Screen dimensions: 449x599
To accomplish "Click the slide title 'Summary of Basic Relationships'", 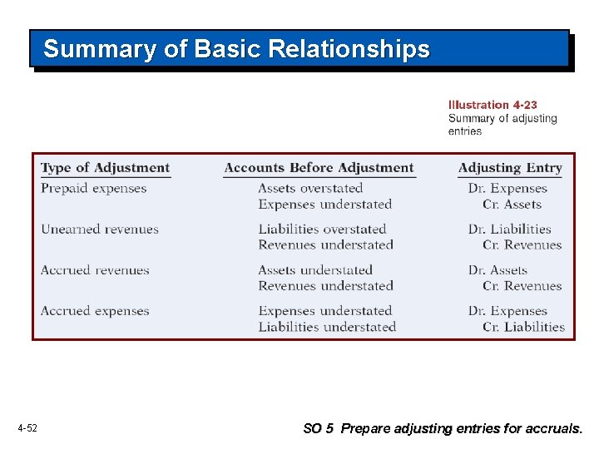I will [x=236, y=49].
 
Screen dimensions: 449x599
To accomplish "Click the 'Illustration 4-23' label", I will [x=493, y=105].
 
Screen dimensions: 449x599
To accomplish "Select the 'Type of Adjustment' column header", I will [x=105, y=168].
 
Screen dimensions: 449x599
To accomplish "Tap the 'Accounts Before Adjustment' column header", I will [x=319, y=168].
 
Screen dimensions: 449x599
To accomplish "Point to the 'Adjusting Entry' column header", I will [x=510, y=168].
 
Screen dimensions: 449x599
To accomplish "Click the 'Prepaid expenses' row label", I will [x=93, y=189].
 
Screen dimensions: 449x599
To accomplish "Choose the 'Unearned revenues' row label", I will [x=99, y=229].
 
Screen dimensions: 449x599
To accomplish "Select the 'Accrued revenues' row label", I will [x=95, y=270].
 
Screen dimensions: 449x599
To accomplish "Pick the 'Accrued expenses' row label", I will [x=95, y=311].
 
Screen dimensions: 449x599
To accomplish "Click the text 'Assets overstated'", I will [x=310, y=189].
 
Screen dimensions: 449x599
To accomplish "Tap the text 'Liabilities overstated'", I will [x=322, y=229].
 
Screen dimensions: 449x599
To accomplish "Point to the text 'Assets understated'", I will [x=315, y=270].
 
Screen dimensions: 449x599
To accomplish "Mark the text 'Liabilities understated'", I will [x=327, y=327].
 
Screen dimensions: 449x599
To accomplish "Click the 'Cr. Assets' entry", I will [x=512, y=205].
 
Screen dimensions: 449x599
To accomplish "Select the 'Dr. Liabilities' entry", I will [x=509, y=229].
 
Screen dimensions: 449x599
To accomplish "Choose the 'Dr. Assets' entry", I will [x=498, y=270].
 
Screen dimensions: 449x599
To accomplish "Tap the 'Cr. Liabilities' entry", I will [x=523, y=327].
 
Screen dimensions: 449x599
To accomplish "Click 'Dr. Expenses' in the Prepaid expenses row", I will [x=507, y=189].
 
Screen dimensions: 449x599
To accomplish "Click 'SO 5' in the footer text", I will [x=318, y=429].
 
